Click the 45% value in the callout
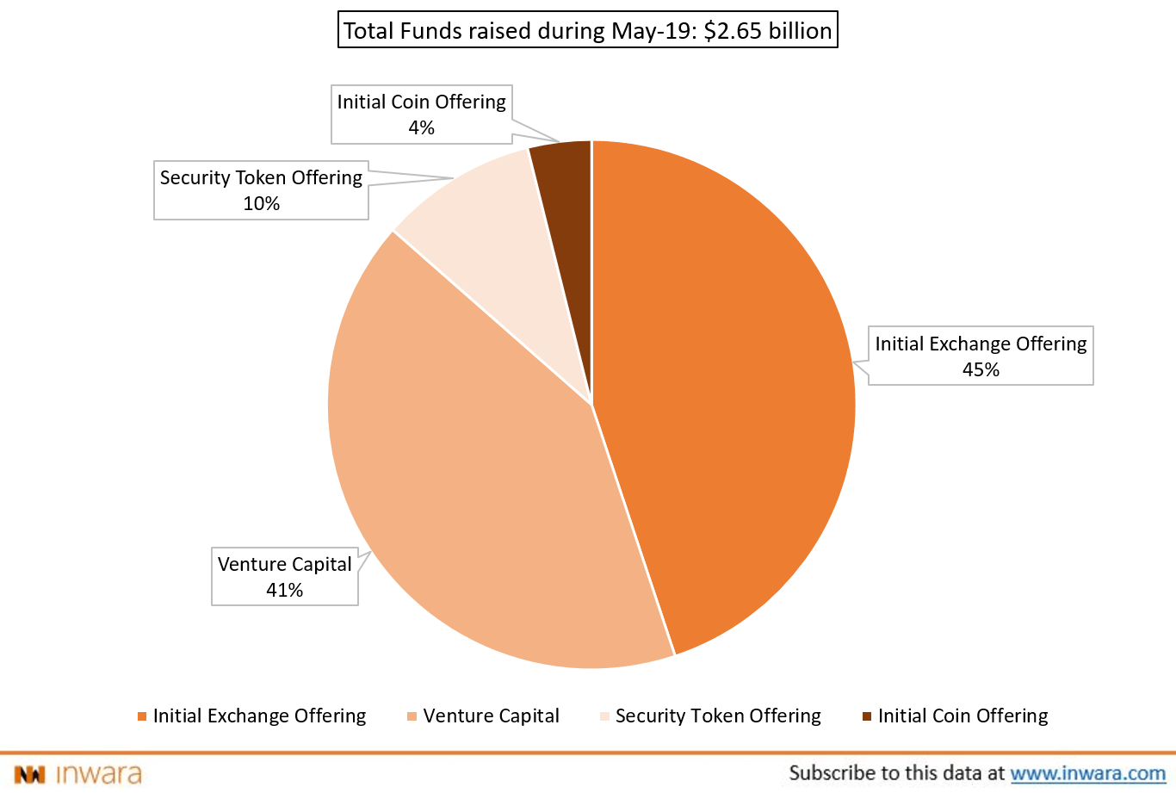click(981, 370)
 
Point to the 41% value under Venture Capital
click(284, 591)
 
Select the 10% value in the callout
click(261, 204)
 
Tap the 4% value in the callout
click(421, 128)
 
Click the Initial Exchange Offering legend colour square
click(142, 716)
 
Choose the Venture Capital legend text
click(491, 716)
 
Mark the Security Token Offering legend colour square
click(604, 716)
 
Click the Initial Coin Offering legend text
click(962, 716)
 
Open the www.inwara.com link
click(1087, 773)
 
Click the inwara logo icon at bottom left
click(29, 774)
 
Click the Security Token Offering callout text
click(261, 178)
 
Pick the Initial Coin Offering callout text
click(421, 102)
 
